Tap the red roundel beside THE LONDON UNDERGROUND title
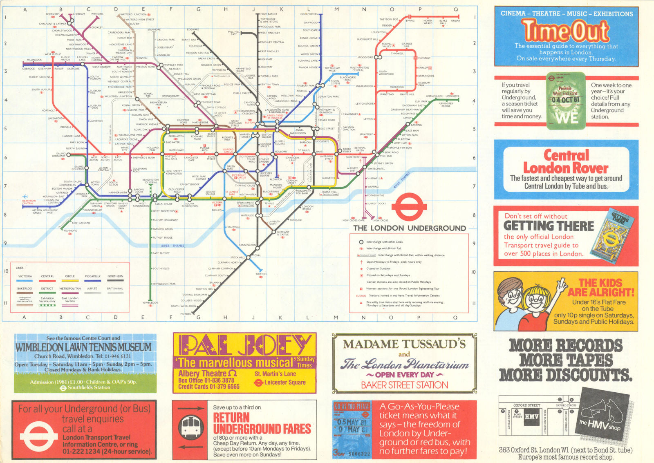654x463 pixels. coord(409,207)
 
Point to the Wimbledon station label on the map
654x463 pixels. coord(150,303)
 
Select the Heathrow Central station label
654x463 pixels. coord(29,202)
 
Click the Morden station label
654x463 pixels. coord(186,314)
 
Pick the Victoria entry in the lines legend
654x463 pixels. coord(25,277)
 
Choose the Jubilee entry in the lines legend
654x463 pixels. coord(92,289)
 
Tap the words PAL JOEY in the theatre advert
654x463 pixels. coord(244,345)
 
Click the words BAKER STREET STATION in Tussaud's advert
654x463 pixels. coord(404,385)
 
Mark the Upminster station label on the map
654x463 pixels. coord(452,96)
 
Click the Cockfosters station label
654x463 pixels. coord(309,14)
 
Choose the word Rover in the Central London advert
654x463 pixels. coord(588,168)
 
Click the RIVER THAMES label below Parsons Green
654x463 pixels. coord(172,246)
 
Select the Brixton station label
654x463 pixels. coord(261,274)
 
